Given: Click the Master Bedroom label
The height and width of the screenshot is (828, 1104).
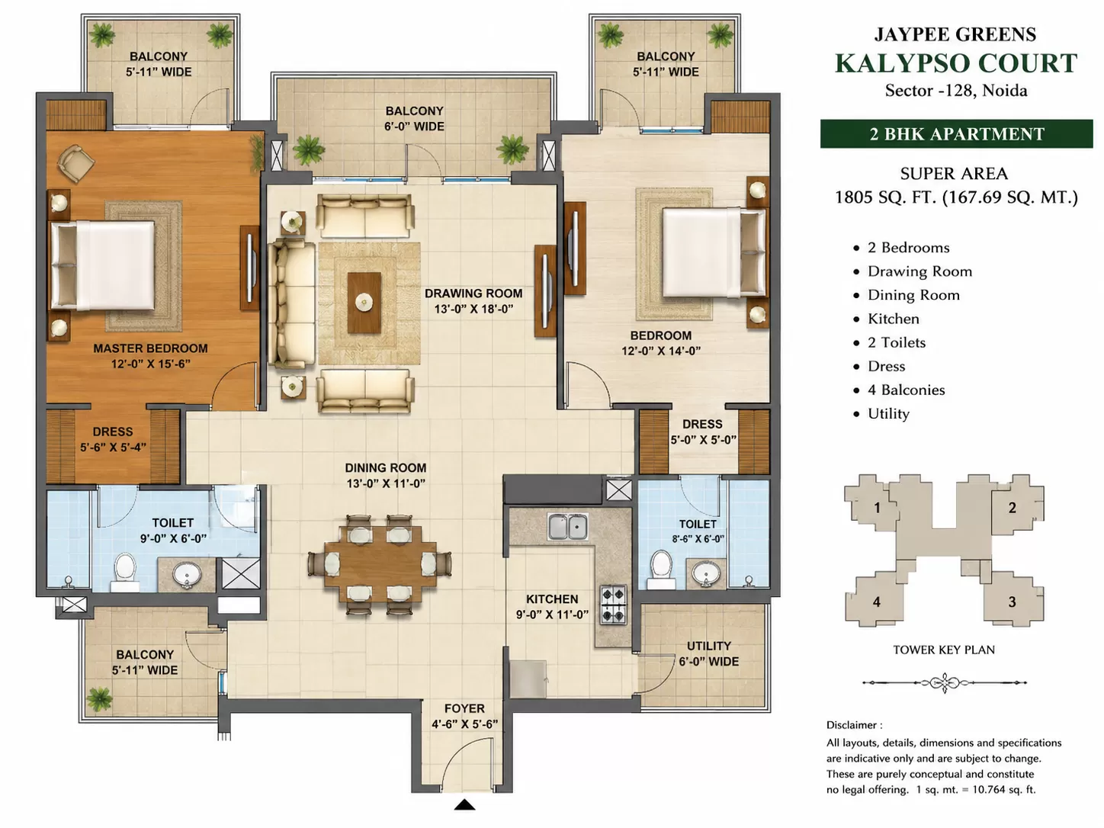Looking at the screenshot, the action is pyautogui.click(x=150, y=348).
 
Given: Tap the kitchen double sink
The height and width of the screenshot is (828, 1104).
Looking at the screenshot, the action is pyautogui.click(x=568, y=526).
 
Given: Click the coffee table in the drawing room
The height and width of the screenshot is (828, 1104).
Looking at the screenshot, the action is pyautogui.click(x=364, y=302).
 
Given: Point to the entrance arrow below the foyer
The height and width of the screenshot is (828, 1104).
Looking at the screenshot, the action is pyautogui.click(x=464, y=805).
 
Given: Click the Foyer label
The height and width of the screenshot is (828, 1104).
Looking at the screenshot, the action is pyautogui.click(x=465, y=708).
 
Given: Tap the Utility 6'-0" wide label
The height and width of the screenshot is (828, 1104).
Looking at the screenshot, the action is pyautogui.click(x=708, y=653).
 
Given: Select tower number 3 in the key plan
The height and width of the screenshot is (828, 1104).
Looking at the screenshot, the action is pyautogui.click(x=1012, y=602).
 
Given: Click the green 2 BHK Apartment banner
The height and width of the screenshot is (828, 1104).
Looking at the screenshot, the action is pyautogui.click(x=956, y=133).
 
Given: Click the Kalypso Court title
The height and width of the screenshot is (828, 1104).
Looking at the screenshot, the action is pyautogui.click(x=956, y=63).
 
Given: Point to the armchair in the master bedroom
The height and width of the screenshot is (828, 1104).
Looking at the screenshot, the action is pyautogui.click(x=76, y=162).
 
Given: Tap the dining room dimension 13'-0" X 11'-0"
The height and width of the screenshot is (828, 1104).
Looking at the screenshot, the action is pyautogui.click(x=386, y=483).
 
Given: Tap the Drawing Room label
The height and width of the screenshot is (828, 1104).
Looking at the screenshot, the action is pyautogui.click(x=473, y=293).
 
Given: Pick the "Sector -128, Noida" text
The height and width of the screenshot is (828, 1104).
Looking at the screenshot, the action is pyautogui.click(x=956, y=91).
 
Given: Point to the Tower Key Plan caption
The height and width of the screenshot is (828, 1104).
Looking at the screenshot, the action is pyautogui.click(x=944, y=650).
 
